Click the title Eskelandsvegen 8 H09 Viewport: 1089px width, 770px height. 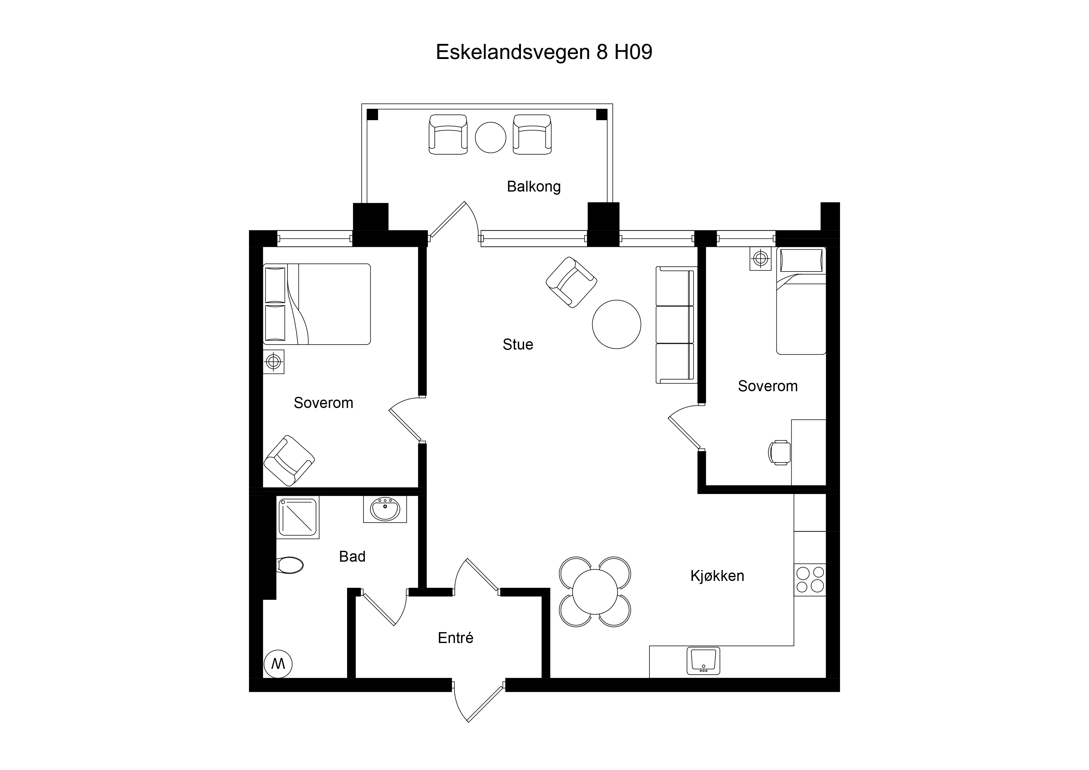coord(544,52)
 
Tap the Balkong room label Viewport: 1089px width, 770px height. coord(534,187)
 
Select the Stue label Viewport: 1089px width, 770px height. coord(518,344)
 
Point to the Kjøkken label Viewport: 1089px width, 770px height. coord(717,576)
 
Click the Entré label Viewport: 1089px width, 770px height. coord(455,638)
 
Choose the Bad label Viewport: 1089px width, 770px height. coord(352,556)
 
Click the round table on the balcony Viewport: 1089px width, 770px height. coord(490,138)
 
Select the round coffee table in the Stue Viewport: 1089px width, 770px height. coord(617,324)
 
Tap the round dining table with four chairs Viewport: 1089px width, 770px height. coord(595,592)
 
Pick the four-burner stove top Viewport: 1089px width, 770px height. coord(810,580)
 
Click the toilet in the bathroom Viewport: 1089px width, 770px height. coord(289,565)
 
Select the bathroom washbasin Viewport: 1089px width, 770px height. coord(385,509)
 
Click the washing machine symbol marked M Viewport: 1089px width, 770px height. coord(278,664)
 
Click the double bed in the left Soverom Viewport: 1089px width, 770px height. coord(317,304)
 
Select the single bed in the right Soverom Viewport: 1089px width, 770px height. coord(801,301)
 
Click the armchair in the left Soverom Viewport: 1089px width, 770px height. coord(289,461)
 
